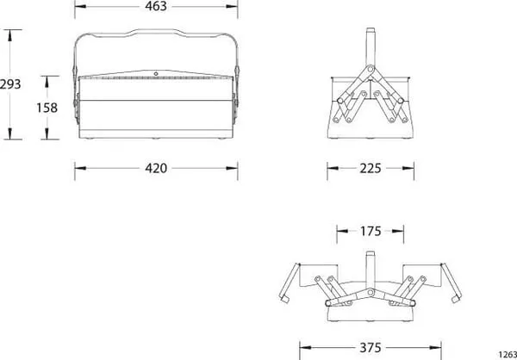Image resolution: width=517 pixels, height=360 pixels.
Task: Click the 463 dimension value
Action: coord(156,6)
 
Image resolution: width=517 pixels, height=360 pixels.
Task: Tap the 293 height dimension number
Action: coord(10,84)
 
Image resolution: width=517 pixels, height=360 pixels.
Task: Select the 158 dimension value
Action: coord(47,108)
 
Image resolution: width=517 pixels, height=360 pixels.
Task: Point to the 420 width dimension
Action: coord(156,169)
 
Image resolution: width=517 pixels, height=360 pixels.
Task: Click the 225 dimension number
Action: coord(371,169)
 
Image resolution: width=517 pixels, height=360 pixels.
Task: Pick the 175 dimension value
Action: coord(371,232)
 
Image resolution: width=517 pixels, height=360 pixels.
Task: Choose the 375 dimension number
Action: coord(371,348)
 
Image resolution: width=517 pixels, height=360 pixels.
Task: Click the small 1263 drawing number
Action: coord(508,354)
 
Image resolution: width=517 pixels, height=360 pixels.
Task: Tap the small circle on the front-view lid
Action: coord(156,74)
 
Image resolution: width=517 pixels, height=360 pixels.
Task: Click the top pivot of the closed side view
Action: coord(371,69)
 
